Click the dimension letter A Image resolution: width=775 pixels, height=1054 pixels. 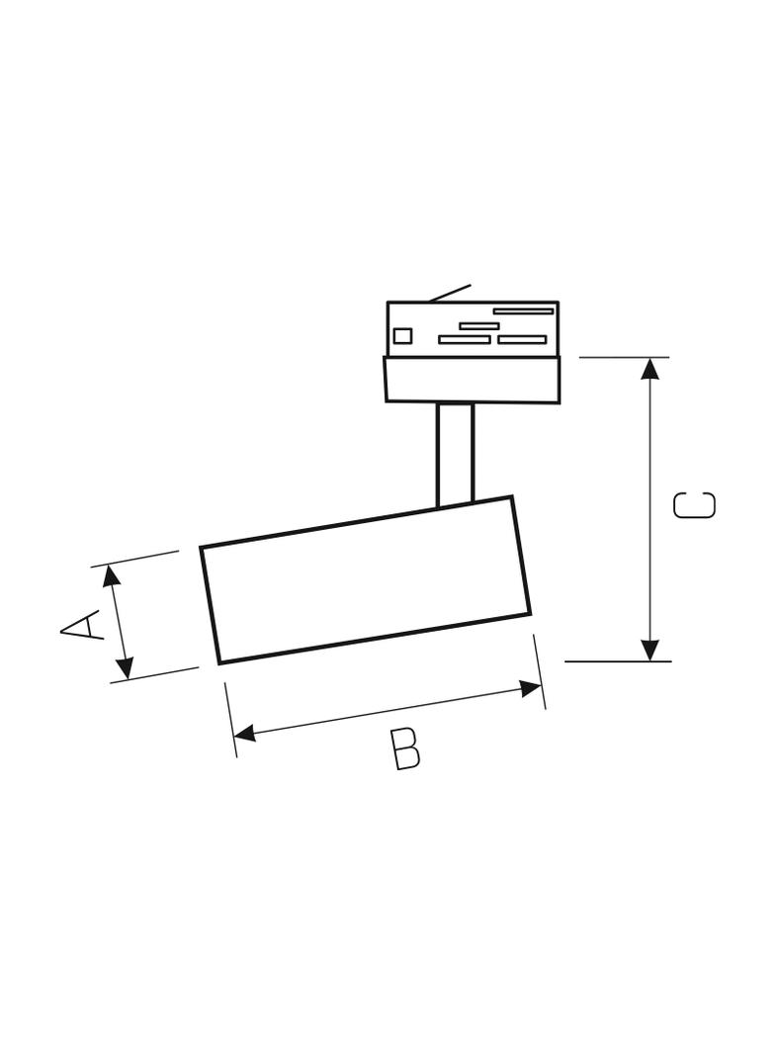coord(81,625)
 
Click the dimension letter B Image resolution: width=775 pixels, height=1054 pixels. coord(406,748)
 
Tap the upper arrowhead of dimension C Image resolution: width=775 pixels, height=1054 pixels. coord(650,369)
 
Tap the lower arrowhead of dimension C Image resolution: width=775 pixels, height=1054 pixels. coord(650,650)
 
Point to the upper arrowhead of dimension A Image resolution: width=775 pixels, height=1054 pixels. coord(112,576)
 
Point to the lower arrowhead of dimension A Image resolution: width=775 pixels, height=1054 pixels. coord(125,666)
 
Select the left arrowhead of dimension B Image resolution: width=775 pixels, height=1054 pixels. coord(246,733)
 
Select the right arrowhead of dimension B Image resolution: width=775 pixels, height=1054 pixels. coord(531,688)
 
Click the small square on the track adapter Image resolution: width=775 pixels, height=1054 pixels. coord(402,335)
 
